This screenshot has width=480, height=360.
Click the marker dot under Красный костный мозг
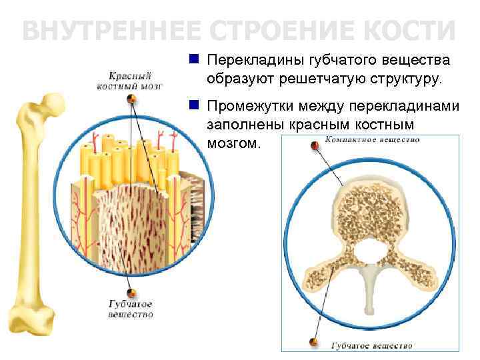131,99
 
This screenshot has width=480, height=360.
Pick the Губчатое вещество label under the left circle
131,309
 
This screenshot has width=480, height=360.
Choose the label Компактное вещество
372,140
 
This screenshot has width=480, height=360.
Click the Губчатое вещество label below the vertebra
372,345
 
